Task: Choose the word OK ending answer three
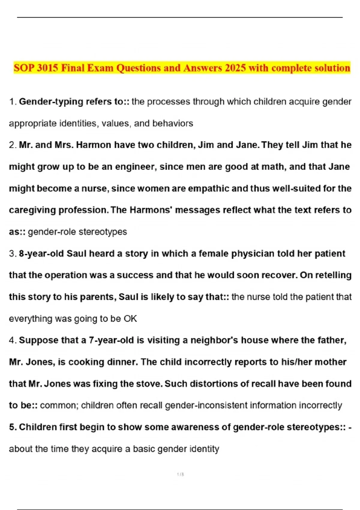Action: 130,319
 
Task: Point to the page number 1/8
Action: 180,474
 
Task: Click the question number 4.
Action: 12,340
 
